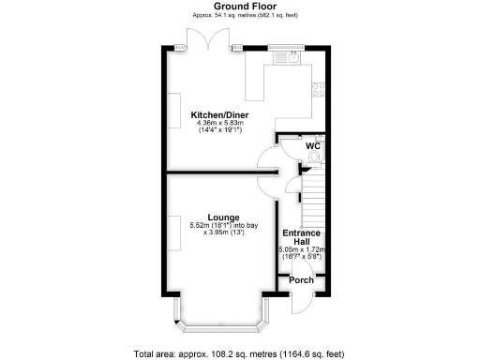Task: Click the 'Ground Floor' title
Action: [x=239, y=7]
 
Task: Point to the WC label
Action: [x=312, y=146]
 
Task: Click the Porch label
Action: [x=301, y=280]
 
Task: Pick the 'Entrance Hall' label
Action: [x=302, y=236]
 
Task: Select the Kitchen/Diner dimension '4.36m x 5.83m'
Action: [x=218, y=123]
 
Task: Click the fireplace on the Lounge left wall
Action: [x=175, y=230]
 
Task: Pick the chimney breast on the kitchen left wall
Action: [x=175, y=105]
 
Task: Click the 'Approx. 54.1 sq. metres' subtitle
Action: [x=239, y=16]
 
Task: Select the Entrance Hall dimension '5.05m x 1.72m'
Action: [x=302, y=250]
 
